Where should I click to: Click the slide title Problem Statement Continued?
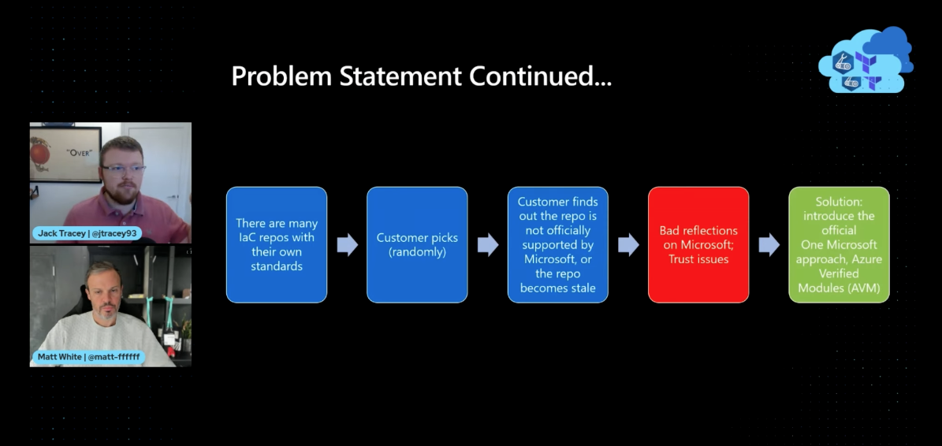[x=421, y=77]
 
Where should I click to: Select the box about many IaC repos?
[x=277, y=245]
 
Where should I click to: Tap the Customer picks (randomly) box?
[x=417, y=245]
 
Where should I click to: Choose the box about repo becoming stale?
[x=557, y=245]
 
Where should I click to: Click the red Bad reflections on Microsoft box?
[x=698, y=245]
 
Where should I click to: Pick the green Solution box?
[x=839, y=245]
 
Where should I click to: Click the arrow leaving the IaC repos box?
[x=348, y=245]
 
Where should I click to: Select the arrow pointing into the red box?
[x=628, y=245]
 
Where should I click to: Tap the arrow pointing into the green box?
[x=769, y=245]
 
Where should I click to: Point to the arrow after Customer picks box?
[x=488, y=245]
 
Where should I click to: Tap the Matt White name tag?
[x=88, y=357]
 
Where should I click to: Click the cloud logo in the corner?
[x=866, y=60]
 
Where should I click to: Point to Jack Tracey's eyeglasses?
[x=123, y=168]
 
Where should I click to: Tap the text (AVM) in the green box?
[x=860, y=288]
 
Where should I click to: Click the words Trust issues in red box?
[x=698, y=259]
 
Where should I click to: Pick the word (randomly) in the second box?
[x=417, y=252]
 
